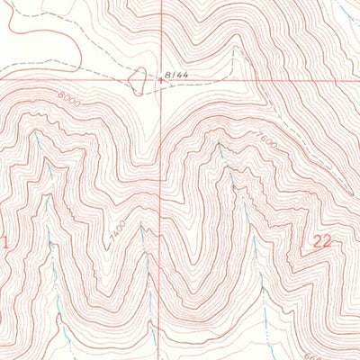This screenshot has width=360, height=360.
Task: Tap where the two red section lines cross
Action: [162, 79]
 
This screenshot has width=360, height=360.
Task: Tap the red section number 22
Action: [324, 240]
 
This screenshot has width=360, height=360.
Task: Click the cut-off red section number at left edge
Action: [4, 241]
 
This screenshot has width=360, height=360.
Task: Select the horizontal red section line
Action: [81, 79]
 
